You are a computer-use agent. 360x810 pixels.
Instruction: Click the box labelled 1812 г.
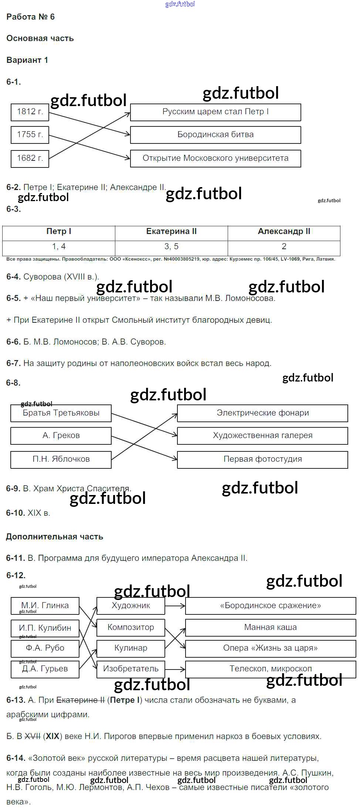tap(30, 112)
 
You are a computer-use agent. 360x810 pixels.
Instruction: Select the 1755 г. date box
tap(30, 135)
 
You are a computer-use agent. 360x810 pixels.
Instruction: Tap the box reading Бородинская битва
tap(215, 135)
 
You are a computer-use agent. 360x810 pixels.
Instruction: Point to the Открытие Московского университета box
tap(215, 159)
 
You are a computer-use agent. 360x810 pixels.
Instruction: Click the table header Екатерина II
tap(171, 232)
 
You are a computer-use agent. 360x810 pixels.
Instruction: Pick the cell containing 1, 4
tap(59, 247)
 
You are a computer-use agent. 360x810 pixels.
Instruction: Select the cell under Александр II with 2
tap(284, 247)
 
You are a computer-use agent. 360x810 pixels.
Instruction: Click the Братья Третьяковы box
tap(61, 413)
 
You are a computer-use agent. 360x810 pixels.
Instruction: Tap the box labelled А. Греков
tap(61, 436)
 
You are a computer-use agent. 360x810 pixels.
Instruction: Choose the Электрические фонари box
tap(262, 413)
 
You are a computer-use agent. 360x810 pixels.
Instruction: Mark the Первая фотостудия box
tap(262, 460)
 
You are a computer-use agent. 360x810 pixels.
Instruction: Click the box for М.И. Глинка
tap(45, 606)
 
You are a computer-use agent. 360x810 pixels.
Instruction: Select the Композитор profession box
tap(131, 627)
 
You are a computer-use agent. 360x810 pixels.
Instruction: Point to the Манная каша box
tap(271, 627)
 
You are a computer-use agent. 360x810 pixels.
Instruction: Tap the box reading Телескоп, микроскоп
tap(271, 669)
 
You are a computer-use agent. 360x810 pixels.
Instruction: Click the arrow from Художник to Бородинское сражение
tap(175, 606)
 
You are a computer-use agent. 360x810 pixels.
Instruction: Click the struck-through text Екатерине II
tap(81, 700)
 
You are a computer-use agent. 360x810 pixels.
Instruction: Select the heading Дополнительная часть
tap(55, 537)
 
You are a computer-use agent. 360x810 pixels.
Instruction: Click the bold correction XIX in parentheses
tap(53, 736)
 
